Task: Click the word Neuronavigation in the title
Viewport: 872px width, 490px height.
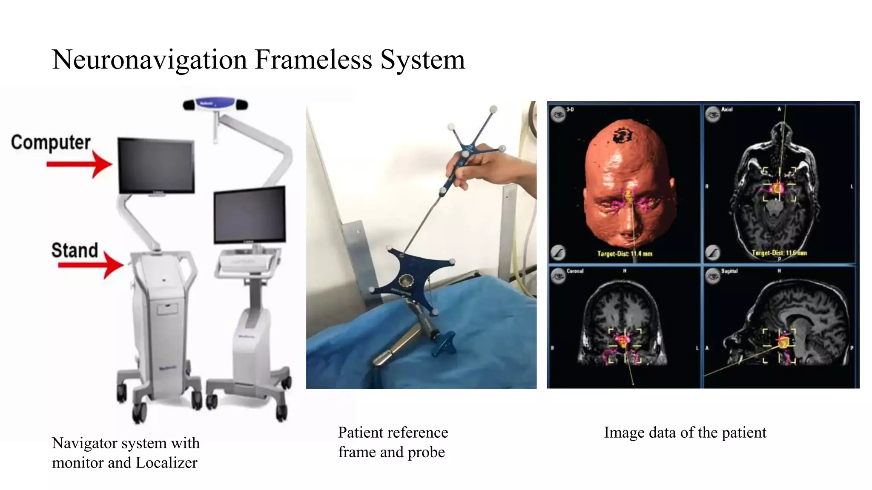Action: (x=149, y=60)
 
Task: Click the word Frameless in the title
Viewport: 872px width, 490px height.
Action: (x=313, y=60)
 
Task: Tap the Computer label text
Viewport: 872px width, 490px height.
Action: (x=51, y=142)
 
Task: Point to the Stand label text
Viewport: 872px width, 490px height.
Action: (x=75, y=250)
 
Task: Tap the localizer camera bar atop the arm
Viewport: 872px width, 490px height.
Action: (x=215, y=104)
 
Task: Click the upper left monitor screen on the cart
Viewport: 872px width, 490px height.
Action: (x=156, y=165)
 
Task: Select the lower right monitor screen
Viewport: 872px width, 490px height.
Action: (x=250, y=214)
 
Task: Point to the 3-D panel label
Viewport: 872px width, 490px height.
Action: (x=570, y=110)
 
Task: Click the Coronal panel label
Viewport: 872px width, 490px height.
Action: (x=575, y=271)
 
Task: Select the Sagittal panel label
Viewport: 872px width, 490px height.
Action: (x=729, y=271)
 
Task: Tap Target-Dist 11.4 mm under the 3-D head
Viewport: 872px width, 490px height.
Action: (x=625, y=254)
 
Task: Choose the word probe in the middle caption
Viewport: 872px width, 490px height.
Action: (x=426, y=452)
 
